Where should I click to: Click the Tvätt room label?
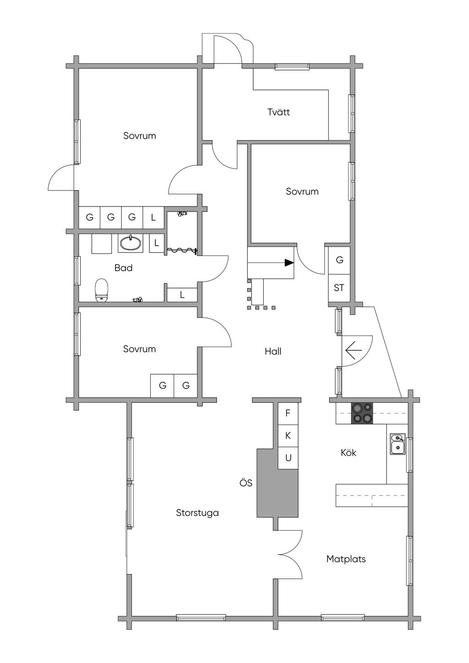point(278,112)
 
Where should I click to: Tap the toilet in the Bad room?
point(102,291)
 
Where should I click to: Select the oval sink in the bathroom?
point(130,243)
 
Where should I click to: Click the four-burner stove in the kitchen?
point(362,413)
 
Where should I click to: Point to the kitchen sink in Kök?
point(398,444)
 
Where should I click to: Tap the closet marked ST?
point(339,288)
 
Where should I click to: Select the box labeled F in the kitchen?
point(288,413)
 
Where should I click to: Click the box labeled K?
point(288,435)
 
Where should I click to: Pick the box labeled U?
point(288,458)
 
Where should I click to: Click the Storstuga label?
point(197,513)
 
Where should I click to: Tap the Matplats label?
point(346,559)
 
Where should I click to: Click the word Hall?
point(273,352)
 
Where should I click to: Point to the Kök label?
point(348,453)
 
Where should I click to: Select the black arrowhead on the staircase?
point(289,263)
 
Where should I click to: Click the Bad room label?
point(123,268)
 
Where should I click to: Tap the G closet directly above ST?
point(339,260)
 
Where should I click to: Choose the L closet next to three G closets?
point(153,217)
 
